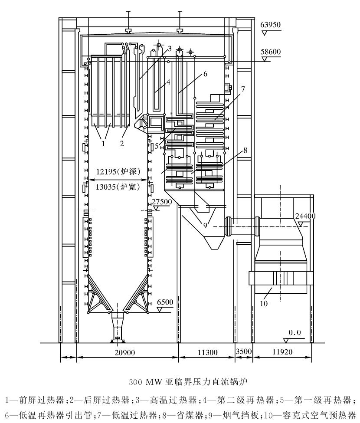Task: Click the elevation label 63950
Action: tap(271, 25)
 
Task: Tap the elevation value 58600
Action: tap(271, 52)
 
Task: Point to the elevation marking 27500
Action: tap(162, 202)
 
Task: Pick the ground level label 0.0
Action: tap(295, 332)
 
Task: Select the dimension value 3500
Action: tap(243, 353)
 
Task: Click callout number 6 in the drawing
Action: tap(205, 74)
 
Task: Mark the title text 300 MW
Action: tap(144, 383)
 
